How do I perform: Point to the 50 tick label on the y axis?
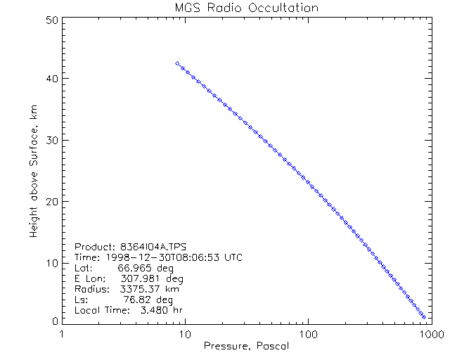51,20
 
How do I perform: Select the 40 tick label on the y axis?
51,79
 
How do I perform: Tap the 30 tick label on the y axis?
51,140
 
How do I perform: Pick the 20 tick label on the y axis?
51,201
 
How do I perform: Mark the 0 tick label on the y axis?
53,321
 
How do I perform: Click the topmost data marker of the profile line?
177,64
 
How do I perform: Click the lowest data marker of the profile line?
424,318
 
